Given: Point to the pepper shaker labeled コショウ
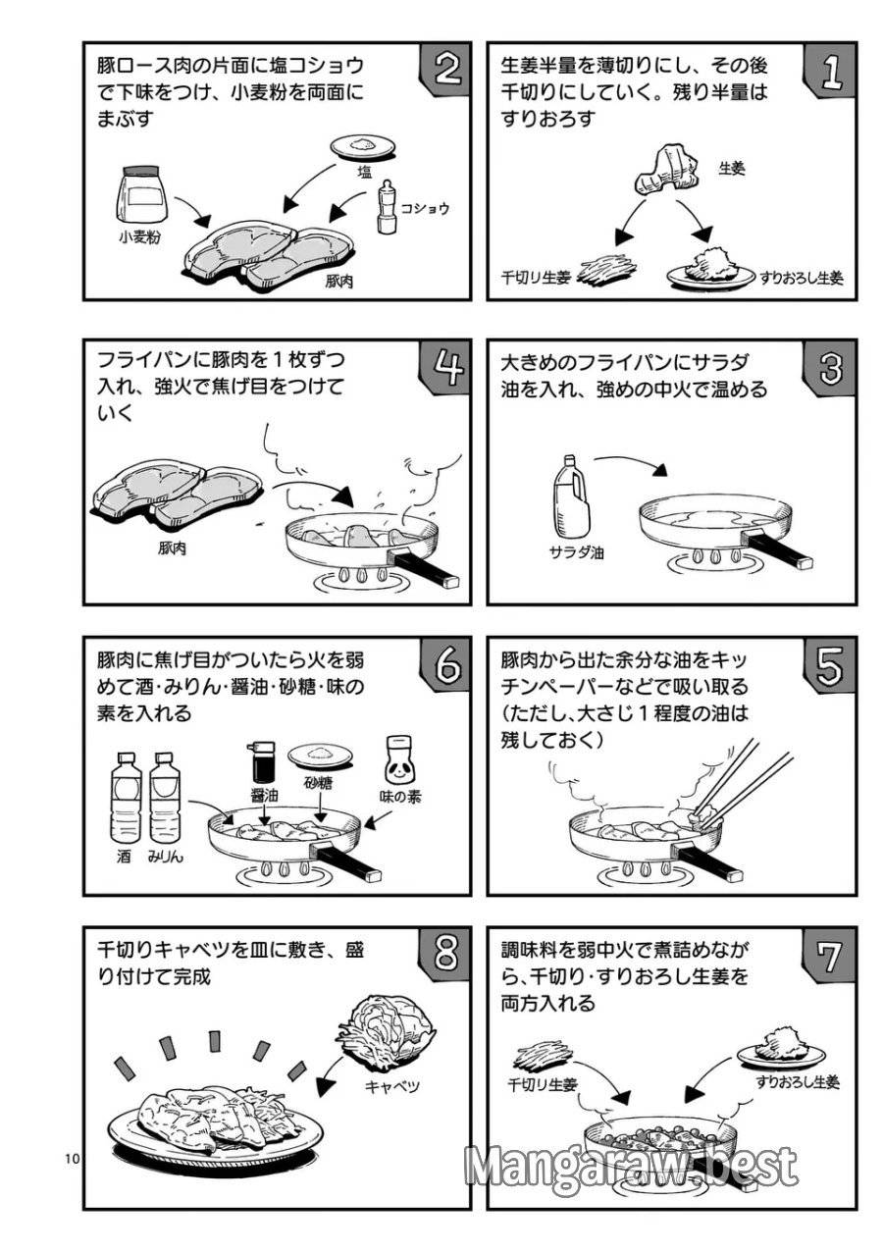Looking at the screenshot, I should coord(387,206).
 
